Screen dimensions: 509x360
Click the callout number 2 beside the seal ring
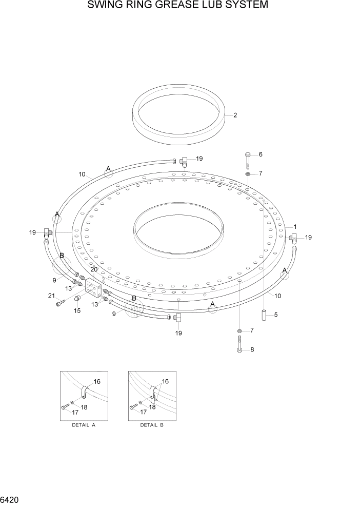point(235,115)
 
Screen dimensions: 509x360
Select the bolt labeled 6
point(248,160)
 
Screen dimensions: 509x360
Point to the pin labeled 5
point(263,315)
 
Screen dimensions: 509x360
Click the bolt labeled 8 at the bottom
point(239,343)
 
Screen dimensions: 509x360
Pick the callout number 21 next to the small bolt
point(51,296)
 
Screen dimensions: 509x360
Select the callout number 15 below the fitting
point(77,310)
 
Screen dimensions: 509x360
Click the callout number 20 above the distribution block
point(94,270)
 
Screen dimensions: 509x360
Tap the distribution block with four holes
point(93,288)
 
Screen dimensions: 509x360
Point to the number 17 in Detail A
point(74,412)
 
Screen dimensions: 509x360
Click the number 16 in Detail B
point(165,382)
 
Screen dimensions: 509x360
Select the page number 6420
point(11,499)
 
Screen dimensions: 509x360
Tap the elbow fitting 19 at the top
point(184,162)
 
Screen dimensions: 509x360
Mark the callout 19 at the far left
point(32,232)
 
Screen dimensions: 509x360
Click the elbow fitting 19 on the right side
point(294,237)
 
